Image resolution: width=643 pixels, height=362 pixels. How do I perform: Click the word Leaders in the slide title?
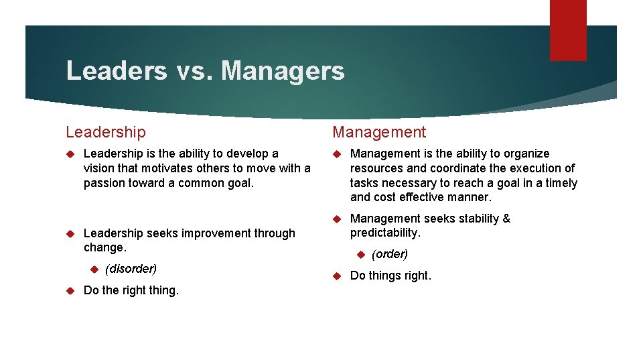click(x=116, y=70)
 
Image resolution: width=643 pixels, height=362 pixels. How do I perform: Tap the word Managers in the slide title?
click(x=282, y=70)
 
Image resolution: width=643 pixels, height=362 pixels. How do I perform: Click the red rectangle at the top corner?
click(x=567, y=30)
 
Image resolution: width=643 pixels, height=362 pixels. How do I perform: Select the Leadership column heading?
click(x=105, y=133)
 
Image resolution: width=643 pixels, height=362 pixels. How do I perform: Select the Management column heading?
click(x=379, y=133)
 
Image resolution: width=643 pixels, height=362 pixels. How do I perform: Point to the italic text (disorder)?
click(x=131, y=269)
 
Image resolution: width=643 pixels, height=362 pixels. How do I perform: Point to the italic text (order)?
click(x=390, y=254)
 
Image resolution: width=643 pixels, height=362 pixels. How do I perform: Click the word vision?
click(x=100, y=168)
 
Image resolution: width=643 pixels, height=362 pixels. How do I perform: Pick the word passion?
click(x=104, y=183)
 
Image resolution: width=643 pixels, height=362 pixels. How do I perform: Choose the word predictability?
click(x=385, y=233)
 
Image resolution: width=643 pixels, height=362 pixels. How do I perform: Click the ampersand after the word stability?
click(x=506, y=219)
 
